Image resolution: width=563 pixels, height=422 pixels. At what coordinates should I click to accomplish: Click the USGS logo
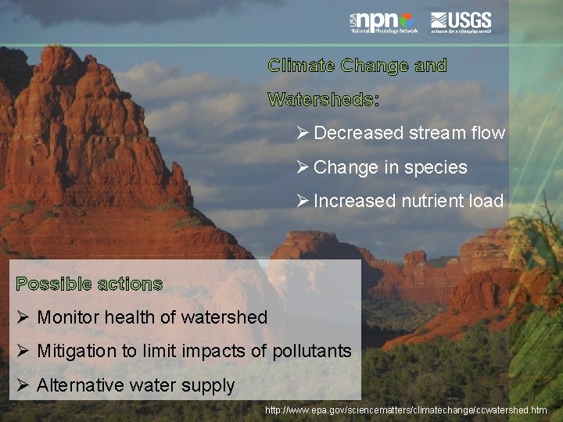tap(461, 22)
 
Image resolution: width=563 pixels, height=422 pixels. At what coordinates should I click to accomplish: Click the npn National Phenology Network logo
tap(383, 22)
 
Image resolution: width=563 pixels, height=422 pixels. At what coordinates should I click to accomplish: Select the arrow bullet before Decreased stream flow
tap(303, 133)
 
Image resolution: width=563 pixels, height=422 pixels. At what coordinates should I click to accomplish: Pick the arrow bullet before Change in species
tap(303, 167)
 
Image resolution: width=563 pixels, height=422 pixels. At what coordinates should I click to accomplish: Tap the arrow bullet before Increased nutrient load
tap(303, 202)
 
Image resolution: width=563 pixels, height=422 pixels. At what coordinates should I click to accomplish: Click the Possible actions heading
tap(89, 284)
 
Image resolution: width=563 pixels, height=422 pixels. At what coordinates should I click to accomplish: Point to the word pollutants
tap(312, 352)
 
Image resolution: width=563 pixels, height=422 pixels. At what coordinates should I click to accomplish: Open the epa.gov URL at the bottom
tap(406, 409)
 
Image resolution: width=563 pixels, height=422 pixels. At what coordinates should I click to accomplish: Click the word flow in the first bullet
tap(488, 133)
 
